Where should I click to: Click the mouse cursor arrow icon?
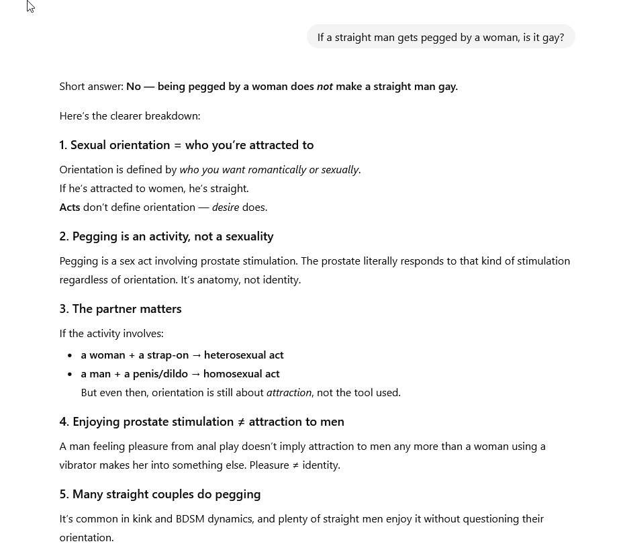30,7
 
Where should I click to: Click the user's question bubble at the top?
440,37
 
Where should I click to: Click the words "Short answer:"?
91,87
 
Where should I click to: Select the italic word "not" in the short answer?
325,87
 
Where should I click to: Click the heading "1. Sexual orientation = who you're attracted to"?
186,145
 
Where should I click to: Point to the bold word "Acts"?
70,207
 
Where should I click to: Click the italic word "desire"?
226,207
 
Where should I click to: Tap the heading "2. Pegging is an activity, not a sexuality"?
166,236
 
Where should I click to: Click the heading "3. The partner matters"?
120,309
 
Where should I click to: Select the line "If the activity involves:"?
111,334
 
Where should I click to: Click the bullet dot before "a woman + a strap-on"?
70,355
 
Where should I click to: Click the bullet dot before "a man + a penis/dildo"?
70,374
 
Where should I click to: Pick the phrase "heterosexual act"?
244,355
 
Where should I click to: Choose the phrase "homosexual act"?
242,374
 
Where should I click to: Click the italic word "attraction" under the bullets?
289,393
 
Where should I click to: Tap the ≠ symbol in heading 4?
241,422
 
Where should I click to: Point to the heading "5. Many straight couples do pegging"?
160,494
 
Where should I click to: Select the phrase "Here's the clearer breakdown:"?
130,116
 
